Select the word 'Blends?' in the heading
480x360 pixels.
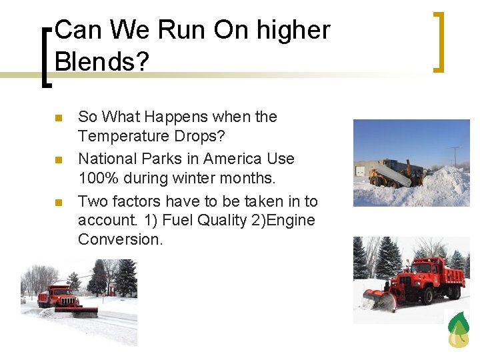click(x=101, y=62)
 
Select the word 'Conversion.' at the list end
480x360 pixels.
click(x=120, y=239)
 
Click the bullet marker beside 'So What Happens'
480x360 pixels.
click(x=58, y=119)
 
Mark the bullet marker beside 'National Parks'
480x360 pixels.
click(x=58, y=161)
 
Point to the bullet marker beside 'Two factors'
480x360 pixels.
click(x=58, y=203)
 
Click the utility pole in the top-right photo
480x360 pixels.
click(x=455, y=157)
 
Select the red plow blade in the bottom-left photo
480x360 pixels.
click(x=76, y=311)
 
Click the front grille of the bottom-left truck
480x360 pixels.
click(x=67, y=301)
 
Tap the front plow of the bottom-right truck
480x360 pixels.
click(x=380, y=300)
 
